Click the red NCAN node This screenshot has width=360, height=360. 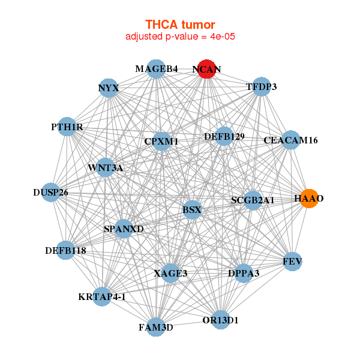point(206,69)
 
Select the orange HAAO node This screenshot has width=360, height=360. point(308,199)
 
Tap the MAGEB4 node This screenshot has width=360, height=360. point(156,68)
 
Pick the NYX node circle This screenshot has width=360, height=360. point(109,88)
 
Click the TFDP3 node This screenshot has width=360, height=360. point(261,87)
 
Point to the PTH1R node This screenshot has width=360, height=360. point(67,127)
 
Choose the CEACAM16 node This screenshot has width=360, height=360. point(290,140)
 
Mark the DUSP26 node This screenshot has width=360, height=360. point(51,193)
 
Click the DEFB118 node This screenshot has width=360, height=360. point(66,250)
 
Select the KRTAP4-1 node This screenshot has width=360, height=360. point(102,296)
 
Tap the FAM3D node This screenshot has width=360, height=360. point(156,327)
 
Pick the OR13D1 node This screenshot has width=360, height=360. point(220,320)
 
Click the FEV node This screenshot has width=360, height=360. point(292,262)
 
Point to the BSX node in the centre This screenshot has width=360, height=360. point(192,210)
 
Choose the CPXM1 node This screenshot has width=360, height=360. point(161,142)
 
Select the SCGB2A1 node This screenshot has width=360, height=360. point(253,200)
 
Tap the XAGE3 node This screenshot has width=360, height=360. point(170,273)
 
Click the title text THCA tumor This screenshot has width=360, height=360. point(180,25)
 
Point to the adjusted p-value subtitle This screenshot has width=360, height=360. point(180,37)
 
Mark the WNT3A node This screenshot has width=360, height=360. point(106,167)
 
